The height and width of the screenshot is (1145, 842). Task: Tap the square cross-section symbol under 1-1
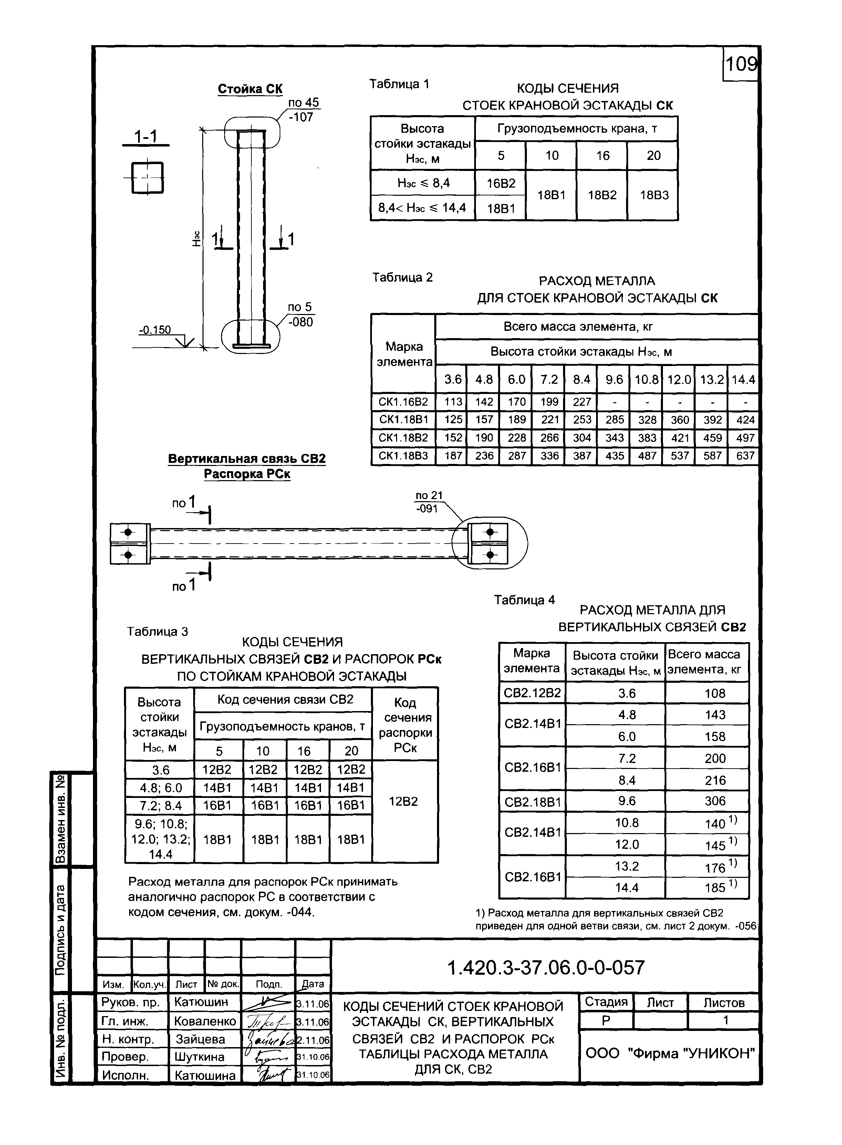pyautogui.click(x=147, y=178)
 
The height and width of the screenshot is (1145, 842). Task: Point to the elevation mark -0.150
pyautogui.click(x=155, y=330)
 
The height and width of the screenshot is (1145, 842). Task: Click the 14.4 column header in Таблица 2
pyautogui.click(x=743, y=379)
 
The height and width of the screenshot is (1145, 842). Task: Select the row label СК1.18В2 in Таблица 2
pyautogui.click(x=403, y=438)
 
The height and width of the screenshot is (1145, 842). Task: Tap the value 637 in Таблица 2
pyautogui.click(x=745, y=455)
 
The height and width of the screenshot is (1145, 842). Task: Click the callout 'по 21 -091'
pyautogui.click(x=429, y=502)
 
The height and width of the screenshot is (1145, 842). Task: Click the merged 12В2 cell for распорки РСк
pyautogui.click(x=403, y=801)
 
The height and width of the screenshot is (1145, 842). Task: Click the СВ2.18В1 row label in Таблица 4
pyautogui.click(x=532, y=802)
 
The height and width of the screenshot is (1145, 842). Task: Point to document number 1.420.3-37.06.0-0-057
pyautogui.click(x=545, y=967)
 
